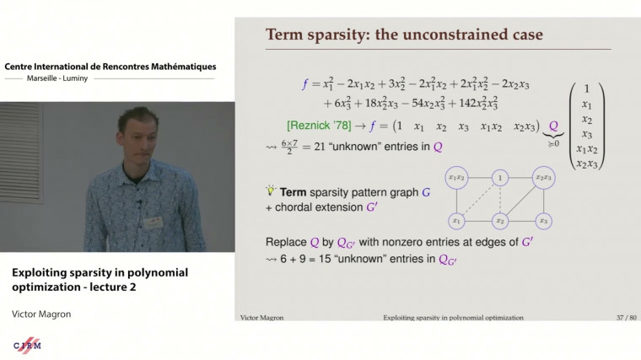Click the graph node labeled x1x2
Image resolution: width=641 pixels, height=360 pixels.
coord(456,178)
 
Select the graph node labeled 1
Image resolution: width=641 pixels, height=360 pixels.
coord(501,178)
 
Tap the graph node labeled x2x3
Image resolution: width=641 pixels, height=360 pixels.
coord(543,178)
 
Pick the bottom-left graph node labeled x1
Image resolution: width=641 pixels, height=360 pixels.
coord(456,221)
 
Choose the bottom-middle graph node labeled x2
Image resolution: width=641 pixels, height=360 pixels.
coord(500,221)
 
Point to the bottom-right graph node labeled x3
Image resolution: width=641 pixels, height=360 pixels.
coord(544,221)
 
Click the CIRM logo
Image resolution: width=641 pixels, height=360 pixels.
coord(28,346)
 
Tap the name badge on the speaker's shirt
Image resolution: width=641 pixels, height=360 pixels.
coord(153,223)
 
